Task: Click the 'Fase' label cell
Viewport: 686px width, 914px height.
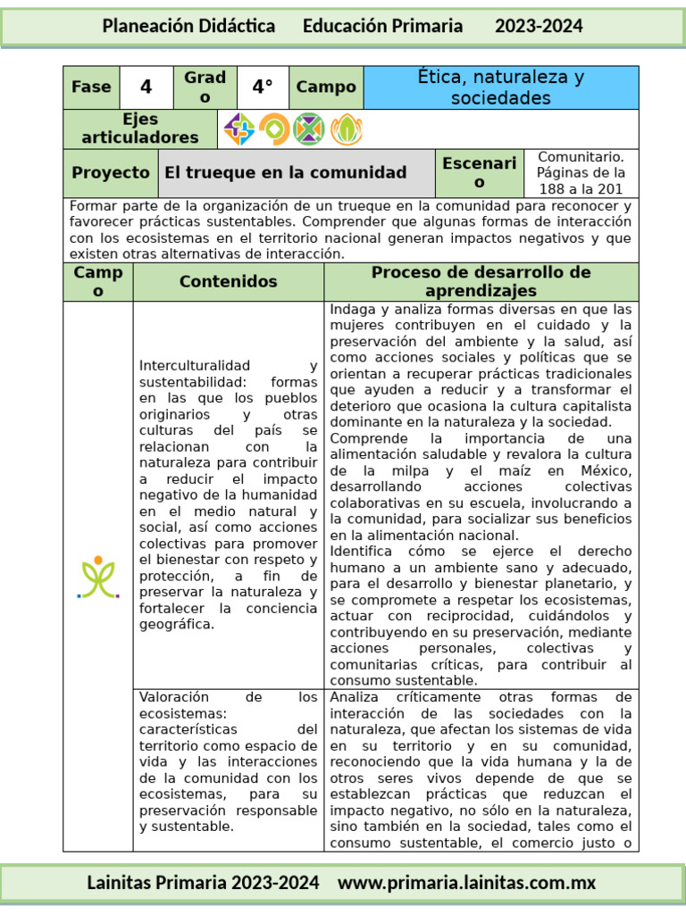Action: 91,87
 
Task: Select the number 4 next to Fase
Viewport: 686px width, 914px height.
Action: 146,87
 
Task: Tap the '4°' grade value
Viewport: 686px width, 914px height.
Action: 263,87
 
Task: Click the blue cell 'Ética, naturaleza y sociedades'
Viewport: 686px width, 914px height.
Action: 500,87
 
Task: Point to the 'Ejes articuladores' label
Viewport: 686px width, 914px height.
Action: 140,129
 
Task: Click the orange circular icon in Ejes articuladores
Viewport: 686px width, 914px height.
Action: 274,129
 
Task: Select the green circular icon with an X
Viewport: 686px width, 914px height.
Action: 309,129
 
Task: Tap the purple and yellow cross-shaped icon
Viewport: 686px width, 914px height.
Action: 238,129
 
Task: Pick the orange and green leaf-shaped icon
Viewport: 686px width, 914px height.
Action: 346,129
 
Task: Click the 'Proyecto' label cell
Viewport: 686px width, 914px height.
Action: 111,172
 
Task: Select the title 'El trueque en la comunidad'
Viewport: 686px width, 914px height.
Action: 285,172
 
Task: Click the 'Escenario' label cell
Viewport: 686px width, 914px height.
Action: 480,172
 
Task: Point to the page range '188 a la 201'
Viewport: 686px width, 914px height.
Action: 581,188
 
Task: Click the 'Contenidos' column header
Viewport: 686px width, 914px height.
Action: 228,281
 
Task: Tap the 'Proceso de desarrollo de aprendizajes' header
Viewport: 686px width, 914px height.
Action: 481,281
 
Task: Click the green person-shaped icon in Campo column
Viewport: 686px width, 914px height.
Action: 98,577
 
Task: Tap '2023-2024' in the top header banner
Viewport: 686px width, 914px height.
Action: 539,26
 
